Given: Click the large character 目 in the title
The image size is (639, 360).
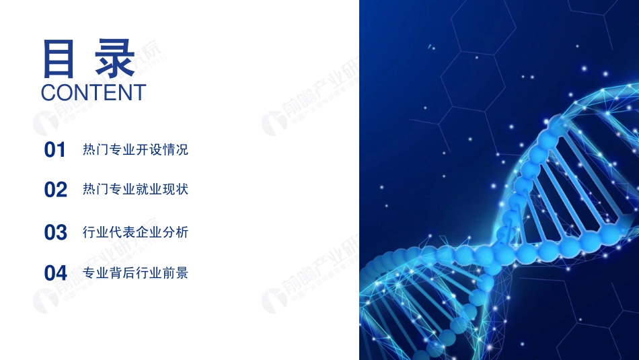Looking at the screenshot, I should [59, 59].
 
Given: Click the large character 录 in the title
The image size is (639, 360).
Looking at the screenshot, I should [114, 59].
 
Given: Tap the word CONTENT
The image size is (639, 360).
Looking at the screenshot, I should [93, 93].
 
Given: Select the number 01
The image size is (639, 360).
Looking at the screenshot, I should [55, 150].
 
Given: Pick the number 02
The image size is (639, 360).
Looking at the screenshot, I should [56, 190].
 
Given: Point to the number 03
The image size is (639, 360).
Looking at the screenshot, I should [56, 233].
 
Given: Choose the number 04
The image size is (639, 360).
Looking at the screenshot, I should [56, 273].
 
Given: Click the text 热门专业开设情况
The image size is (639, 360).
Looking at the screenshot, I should [135, 149].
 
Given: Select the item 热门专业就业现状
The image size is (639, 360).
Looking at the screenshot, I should [135, 189].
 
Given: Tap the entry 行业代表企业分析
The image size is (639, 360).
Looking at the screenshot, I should [135, 232].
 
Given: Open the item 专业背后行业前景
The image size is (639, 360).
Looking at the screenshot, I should [135, 273].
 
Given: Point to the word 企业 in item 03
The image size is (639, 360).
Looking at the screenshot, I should [149, 232].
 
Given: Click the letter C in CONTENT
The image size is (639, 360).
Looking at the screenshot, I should [48, 93].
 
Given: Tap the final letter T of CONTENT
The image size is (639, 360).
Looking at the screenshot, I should [139, 93].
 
